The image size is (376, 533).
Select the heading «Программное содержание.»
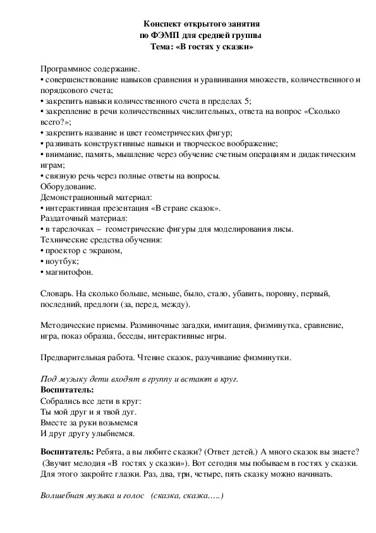(90, 70)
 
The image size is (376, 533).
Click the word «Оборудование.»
(68, 187)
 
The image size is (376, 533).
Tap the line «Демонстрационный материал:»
(96, 198)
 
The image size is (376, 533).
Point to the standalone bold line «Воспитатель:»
(67, 391)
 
